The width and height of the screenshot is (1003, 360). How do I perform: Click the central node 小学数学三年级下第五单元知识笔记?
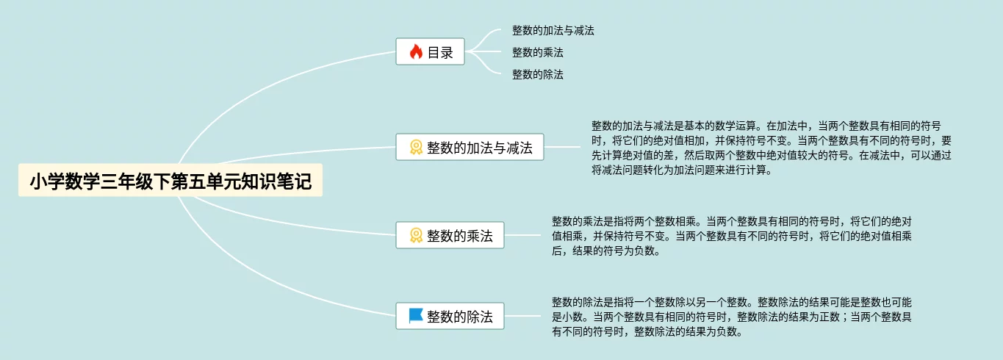click(170, 181)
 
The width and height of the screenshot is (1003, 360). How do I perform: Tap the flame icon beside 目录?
click(415, 52)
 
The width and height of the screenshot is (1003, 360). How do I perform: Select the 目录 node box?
click(430, 52)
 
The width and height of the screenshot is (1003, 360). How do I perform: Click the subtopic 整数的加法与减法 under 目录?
click(553, 31)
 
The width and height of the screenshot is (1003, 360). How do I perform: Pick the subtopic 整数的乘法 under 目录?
click(538, 53)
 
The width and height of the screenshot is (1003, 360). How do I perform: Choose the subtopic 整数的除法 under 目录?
click(538, 74)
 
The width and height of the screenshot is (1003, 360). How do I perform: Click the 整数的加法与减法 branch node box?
click(470, 147)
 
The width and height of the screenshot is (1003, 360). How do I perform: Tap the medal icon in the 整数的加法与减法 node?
click(415, 147)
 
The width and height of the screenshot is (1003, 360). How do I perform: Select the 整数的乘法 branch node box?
click(450, 235)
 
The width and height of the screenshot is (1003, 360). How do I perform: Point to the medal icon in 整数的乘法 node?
click(415, 235)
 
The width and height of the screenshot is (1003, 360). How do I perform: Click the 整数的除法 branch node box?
click(450, 317)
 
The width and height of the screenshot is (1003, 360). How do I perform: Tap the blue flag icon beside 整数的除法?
click(415, 316)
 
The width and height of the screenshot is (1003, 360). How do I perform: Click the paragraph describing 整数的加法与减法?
click(771, 148)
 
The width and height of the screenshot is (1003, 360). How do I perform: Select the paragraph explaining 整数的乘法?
click(732, 235)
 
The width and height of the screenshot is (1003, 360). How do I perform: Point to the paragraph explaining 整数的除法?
click(732, 317)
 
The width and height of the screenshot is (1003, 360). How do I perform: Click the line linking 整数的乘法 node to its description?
click(522, 235)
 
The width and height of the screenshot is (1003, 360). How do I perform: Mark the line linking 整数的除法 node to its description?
click(522, 317)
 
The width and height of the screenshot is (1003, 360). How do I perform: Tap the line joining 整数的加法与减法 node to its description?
click(562, 147)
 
